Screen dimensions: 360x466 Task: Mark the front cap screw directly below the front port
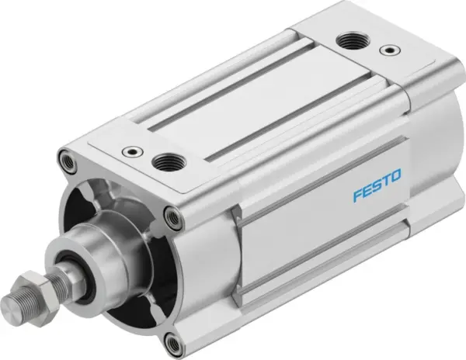(x=169, y=215)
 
